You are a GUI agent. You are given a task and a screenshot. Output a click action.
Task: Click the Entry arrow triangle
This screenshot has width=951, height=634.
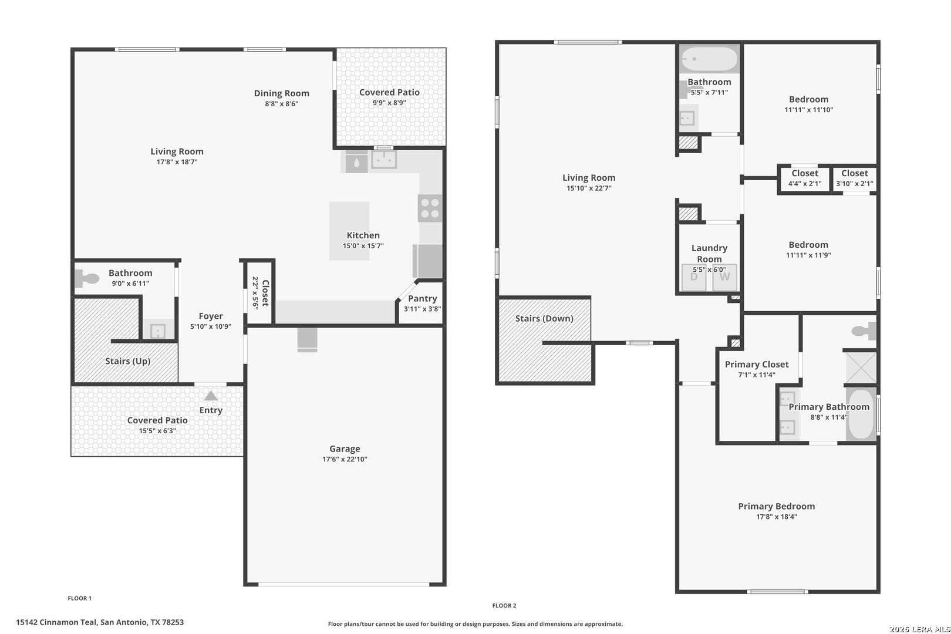[211, 396]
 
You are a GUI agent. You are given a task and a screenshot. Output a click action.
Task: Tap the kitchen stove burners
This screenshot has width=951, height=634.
[430, 208]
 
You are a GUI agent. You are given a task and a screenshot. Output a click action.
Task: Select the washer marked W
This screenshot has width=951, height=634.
[725, 277]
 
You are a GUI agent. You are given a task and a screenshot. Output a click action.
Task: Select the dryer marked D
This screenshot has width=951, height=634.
[694, 277]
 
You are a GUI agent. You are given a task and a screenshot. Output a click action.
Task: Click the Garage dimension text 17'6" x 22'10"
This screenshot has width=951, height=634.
[345, 459]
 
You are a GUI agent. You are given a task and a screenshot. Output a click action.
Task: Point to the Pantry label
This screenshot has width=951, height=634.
[423, 299]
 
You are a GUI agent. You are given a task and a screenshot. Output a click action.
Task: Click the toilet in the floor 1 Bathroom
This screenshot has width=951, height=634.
[87, 279]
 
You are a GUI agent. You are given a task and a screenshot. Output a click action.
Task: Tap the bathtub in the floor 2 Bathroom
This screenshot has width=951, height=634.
[709, 59]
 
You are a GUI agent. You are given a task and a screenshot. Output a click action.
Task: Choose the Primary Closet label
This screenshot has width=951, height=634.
[757, 365]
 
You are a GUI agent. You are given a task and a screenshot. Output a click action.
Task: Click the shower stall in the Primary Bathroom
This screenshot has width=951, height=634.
[861, 367]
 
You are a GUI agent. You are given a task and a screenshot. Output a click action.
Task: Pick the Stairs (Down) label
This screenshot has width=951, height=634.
[544, 319]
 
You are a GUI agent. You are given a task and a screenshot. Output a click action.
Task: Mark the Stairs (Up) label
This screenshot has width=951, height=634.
[128, 361]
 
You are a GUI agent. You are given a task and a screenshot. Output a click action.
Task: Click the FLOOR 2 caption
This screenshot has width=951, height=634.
[504, 606]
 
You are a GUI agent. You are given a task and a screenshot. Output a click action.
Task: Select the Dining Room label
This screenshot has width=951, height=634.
[281, 93]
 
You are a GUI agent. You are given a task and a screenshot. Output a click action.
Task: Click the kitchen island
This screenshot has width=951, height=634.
[349, 231]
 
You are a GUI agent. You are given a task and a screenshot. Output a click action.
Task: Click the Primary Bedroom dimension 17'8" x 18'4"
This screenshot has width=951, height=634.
[777, 517]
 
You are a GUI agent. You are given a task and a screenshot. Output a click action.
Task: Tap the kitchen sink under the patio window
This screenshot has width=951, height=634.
[385, 160]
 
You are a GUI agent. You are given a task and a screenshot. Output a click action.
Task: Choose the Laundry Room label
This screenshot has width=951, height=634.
[709, 254]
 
